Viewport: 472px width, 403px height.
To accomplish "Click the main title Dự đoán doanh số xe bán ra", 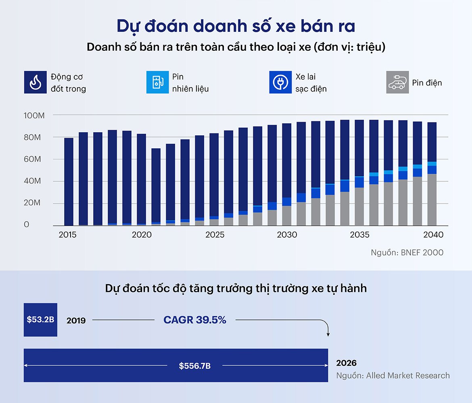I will (x=236, y=26).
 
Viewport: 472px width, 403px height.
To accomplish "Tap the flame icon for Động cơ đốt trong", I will (x=35, y=83).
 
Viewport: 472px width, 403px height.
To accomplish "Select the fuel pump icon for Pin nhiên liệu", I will (x=157, y=83).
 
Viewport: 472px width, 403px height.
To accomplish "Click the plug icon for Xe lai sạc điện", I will (x=280, y=83).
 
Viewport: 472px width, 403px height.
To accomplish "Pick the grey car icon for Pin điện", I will (x=397, y=83).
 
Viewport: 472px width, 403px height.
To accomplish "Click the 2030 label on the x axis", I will (x=286, y=235).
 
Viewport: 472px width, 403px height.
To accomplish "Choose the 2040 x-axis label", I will (x=433, y=235).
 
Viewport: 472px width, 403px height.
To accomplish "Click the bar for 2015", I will (x=69, y=181).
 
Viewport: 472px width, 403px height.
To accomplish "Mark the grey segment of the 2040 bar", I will (x=432, y=200).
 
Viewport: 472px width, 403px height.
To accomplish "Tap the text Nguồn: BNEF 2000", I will (x=407, y=253).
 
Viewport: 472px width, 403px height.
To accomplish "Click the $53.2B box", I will (x=40, y=320).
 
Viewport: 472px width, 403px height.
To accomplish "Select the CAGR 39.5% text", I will (x=195, y=320).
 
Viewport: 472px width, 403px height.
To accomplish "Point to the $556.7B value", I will (x=195, y=366).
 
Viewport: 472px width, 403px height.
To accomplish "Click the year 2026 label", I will (x=346, y=363).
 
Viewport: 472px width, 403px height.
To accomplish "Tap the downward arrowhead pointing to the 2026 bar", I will (x=328, y=334).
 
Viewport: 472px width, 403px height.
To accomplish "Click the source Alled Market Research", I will (x=393, y=376).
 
